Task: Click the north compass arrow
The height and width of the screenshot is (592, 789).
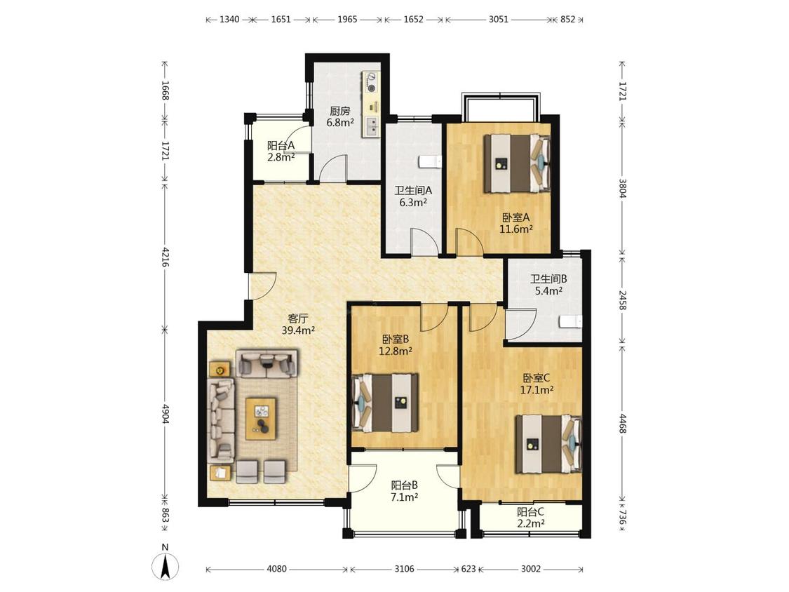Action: (x=166, y=566)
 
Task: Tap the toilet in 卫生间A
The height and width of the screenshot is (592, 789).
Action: (x=430, y=162)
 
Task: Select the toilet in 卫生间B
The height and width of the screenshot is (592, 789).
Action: (x=570, y=321)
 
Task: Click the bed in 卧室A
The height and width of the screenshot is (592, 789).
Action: (x=517, y=163)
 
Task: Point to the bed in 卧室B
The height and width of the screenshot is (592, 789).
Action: (x=386, y=402)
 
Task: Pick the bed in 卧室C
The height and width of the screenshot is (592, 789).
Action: (x=548, y=443)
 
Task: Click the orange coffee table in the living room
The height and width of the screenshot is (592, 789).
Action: (x=261, y=418)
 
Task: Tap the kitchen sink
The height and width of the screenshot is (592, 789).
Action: (x=371, y=126)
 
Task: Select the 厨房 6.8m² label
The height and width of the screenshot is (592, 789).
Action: (x=339, y=116)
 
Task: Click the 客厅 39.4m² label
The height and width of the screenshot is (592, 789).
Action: (x=298, y=325)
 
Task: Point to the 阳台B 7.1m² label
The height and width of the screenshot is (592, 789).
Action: (x=405, y=491)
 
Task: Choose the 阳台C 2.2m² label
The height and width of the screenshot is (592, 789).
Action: (x=531, y=518)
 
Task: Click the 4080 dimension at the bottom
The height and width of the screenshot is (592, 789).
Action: (x=277, y=569)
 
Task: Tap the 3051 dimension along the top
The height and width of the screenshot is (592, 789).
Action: (x=499, y=20)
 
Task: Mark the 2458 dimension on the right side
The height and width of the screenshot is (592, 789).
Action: (x=623, y=300)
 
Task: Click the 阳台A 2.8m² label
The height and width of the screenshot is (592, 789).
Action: (x=281, y=151)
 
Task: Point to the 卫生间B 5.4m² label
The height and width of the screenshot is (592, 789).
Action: (x=548, y=284)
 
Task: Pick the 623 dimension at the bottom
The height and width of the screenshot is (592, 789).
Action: (x=468, y=569)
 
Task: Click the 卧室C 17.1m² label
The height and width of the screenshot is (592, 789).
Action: (x=537, y=383)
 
